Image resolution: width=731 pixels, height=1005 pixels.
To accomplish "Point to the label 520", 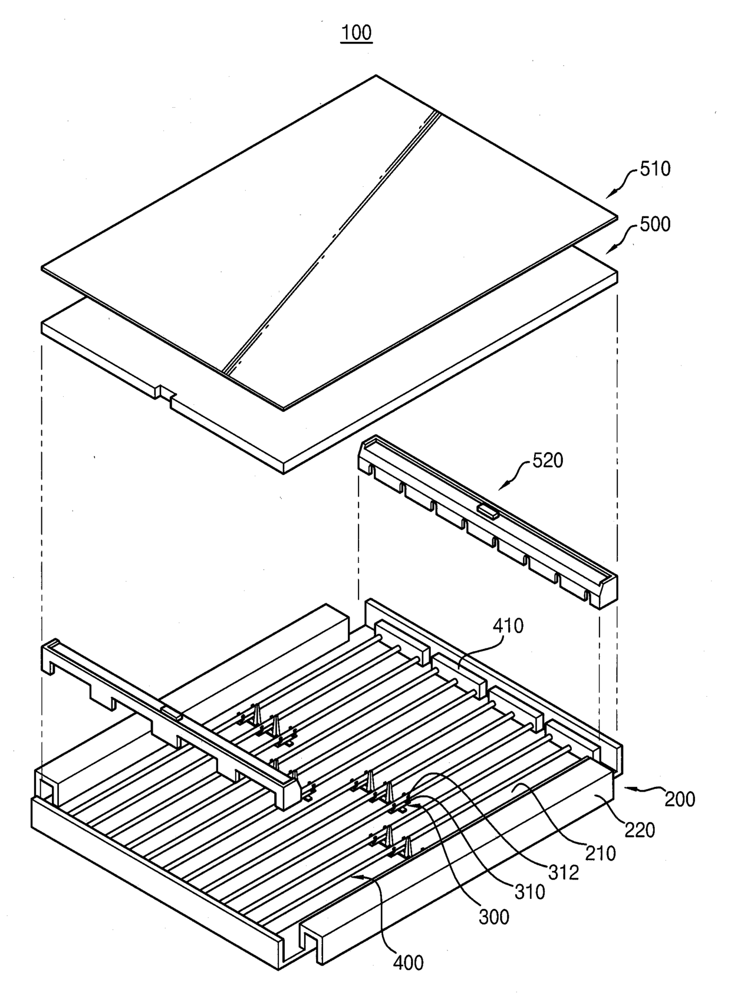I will click(547, 460).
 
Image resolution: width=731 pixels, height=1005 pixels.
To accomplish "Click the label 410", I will click(508, 625).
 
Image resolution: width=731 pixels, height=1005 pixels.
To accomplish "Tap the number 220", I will click(640, 830).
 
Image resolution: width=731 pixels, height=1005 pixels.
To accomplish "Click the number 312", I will click(564, 872).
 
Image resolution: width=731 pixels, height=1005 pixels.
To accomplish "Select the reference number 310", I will click(529, 892).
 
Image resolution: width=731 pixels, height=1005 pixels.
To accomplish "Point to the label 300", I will click(493, 917).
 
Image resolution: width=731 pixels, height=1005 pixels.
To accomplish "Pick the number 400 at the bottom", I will click(408, 963).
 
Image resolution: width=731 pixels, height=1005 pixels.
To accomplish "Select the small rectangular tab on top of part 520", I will click(488, 510).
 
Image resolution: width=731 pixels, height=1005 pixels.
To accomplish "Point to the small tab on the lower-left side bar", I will click(172, 713).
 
